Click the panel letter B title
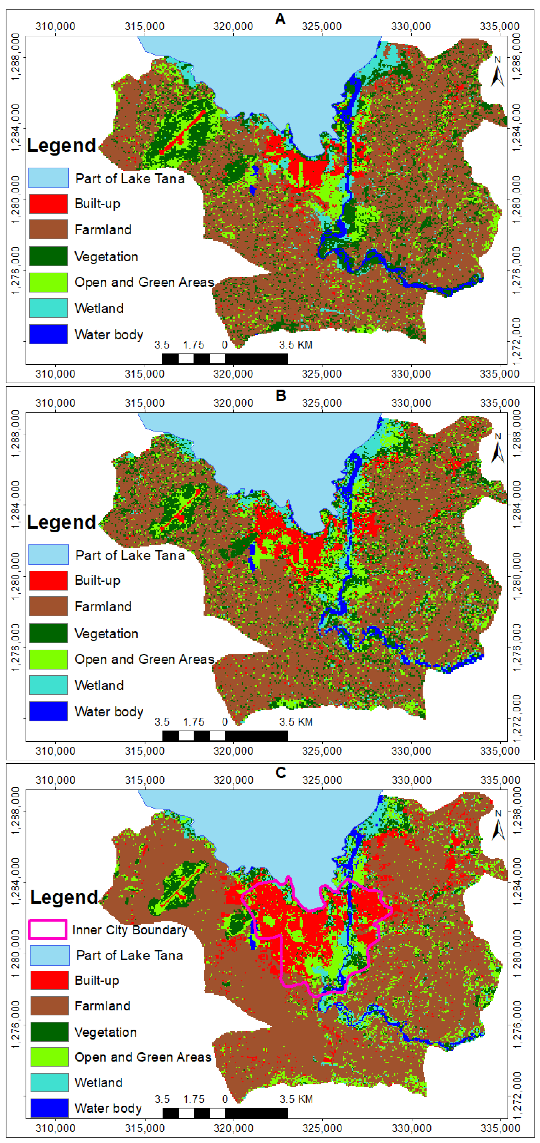tap(280, 395)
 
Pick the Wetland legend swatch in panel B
tap(48, 685)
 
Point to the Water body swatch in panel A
tap(48, 334)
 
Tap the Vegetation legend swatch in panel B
tap(48, 633)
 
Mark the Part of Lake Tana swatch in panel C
tap(49, 955)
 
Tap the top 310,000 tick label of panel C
tap(55, 780)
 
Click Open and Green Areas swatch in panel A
tap(48, 282)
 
